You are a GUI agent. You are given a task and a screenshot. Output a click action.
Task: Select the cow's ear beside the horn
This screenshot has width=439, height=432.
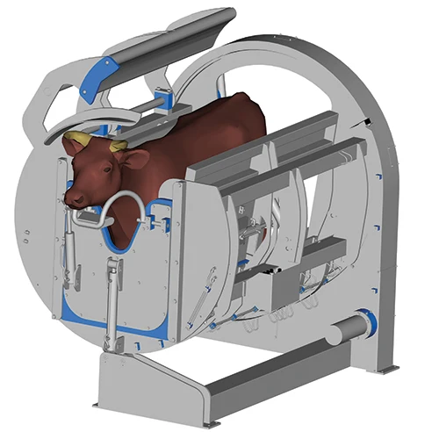[x=134, y=159]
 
